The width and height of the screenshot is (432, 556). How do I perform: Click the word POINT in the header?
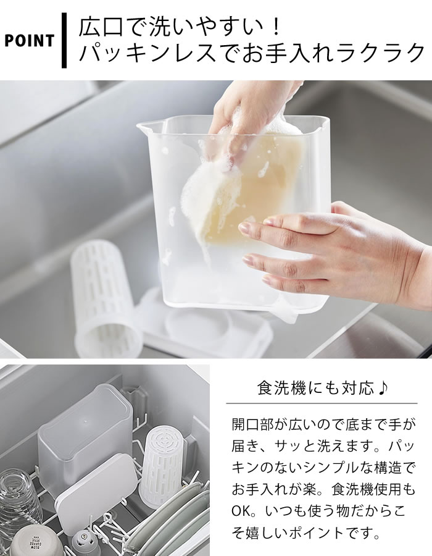coord(29,41)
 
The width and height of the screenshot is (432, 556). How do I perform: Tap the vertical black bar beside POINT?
coord(64,40)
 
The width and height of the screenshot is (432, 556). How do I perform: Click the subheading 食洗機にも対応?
coord(315,389)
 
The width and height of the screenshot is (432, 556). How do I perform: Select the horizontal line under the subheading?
coord(322,403)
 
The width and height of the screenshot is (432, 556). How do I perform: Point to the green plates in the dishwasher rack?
coord(167,524)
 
